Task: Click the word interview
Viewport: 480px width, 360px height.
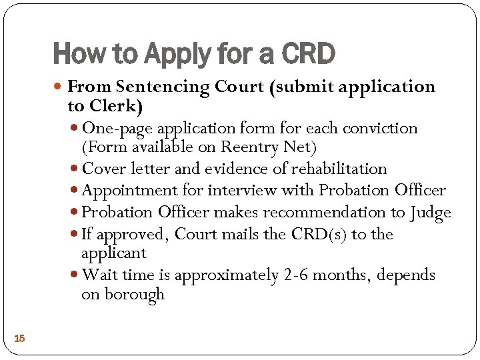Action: (239, 191)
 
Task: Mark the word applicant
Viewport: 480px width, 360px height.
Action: (113, 253)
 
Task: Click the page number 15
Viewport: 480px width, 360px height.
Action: (19, 339)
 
